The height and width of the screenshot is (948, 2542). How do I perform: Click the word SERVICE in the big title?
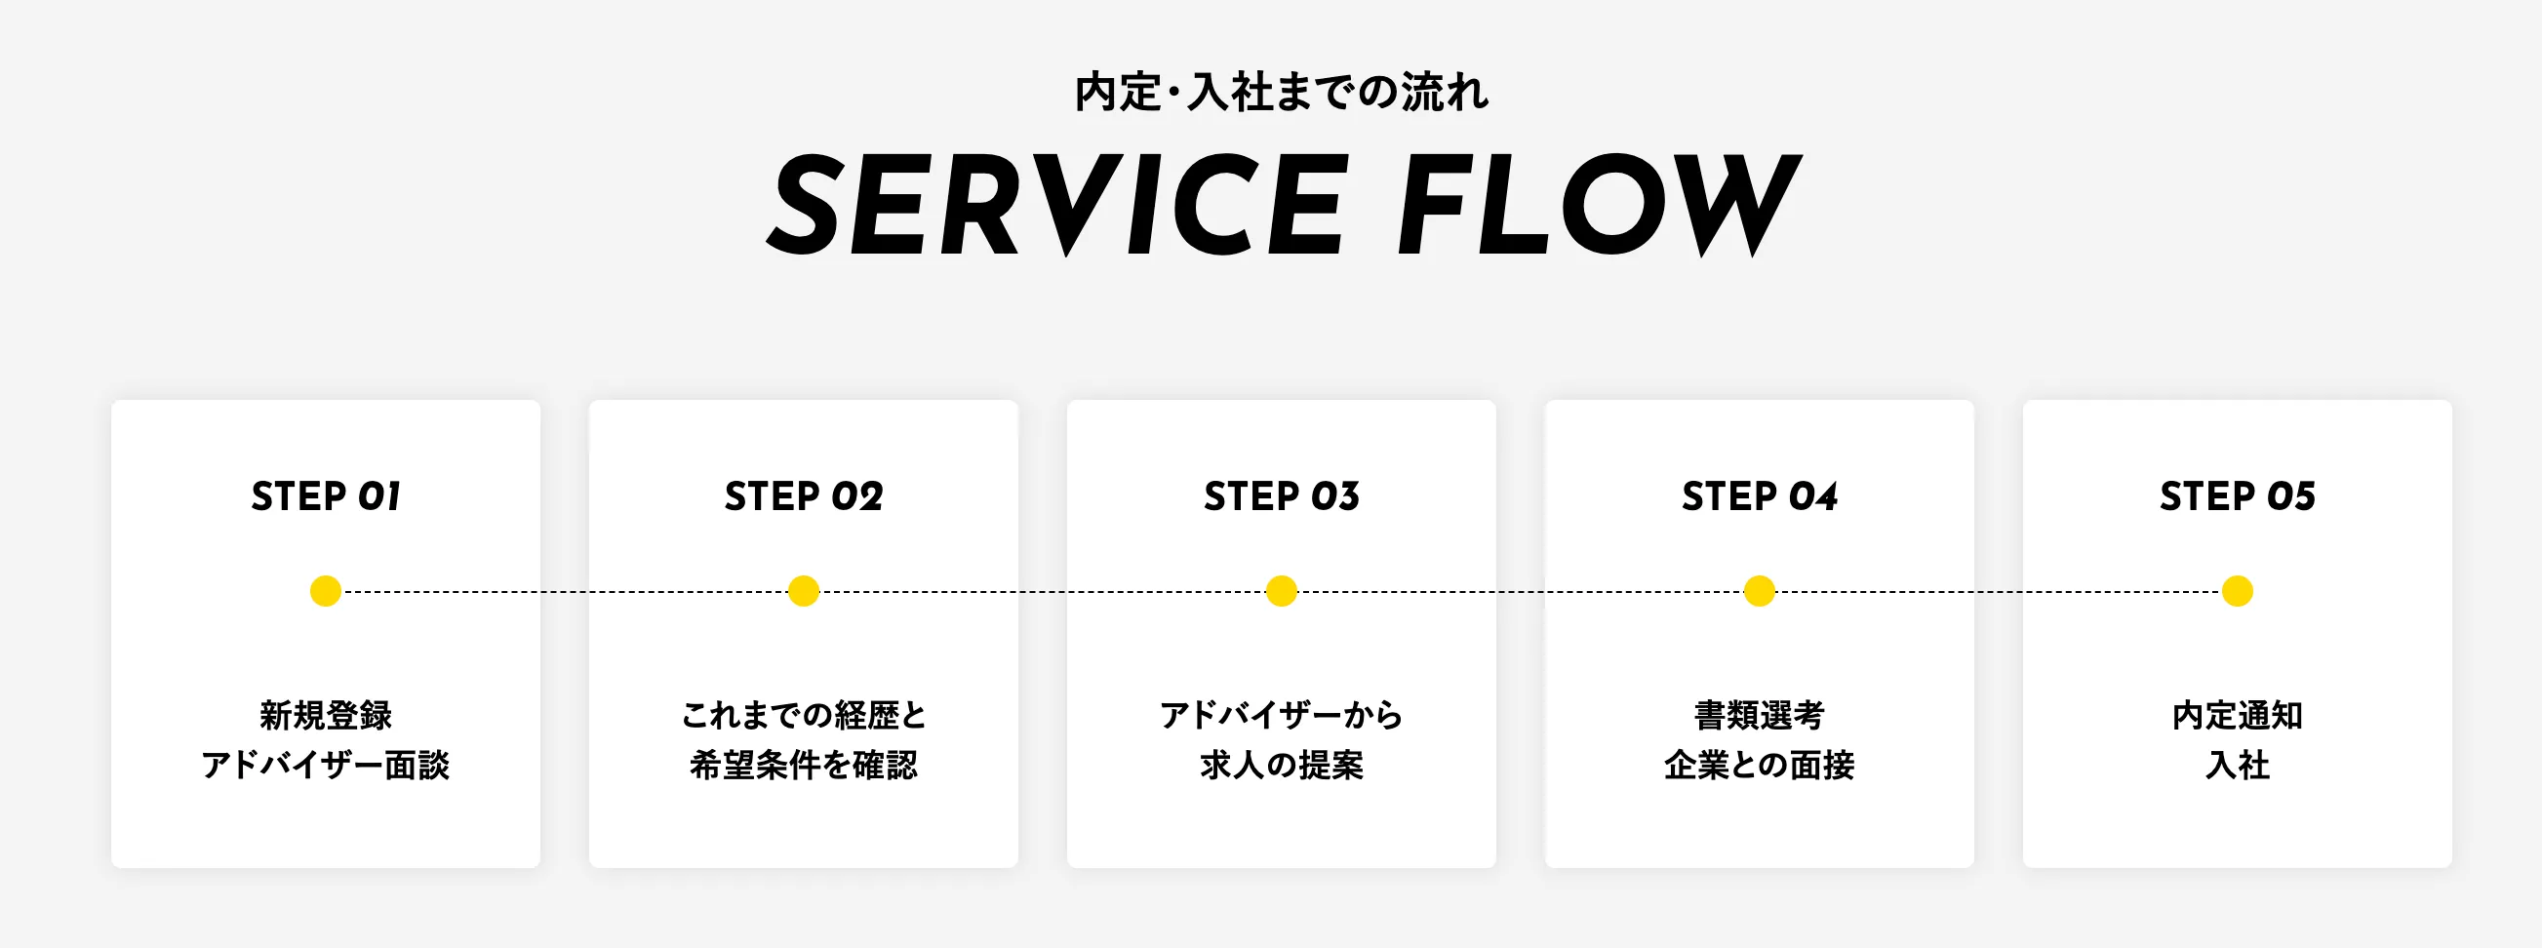(x=1056, y=204)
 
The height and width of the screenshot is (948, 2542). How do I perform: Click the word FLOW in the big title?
(x=1600, y=204)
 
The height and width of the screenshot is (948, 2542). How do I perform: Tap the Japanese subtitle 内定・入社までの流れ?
(x=1281, y=93)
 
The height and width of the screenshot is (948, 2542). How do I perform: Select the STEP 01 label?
(x=326, y=496)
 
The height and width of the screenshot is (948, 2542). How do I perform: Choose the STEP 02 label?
(x=803, y=496)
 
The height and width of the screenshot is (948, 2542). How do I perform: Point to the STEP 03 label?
(x=1281, y=496)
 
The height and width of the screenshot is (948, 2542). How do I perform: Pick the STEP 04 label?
(x=1760, y=496)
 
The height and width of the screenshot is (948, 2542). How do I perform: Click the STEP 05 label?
(x=2237, y=496)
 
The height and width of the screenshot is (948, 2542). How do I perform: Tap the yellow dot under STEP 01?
(x=326, y=591)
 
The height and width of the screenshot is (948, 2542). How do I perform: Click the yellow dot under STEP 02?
(x=803, y=591)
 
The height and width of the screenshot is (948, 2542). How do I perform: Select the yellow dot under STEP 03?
(x=1281, y=591)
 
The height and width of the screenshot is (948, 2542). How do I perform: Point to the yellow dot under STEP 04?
(x=1760, y=591)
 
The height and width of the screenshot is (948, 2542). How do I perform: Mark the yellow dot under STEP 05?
(x=2237, y=591)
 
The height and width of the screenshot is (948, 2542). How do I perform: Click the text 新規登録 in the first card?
(x=326, y=715)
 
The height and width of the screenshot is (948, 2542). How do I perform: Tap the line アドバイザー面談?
(x=326, y=766)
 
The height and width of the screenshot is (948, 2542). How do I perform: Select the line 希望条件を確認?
(x=803, y=766)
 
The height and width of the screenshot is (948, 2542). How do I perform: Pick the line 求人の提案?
(x=1281, y=766)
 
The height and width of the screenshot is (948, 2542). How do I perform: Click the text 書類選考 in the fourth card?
(x=1760, y=715)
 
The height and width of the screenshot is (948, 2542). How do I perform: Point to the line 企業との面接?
(x=1760, y=766)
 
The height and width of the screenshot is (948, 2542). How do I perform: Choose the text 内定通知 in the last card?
(x=2237, y=715)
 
